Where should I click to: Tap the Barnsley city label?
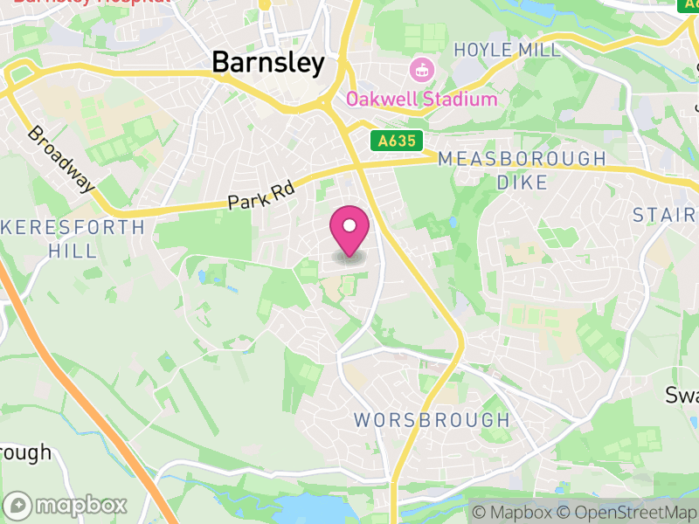[x=268, y=63]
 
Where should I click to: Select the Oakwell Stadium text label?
[x=421, y=99]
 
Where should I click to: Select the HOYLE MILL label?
[x=507, y=50]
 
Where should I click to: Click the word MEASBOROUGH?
[x=522, y=159]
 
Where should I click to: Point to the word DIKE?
[x=522, y=183]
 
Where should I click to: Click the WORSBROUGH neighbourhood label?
[x=432, y=420]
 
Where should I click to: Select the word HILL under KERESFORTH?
[x=72, y=251]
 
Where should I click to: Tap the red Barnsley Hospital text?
[x=92, y=3]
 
